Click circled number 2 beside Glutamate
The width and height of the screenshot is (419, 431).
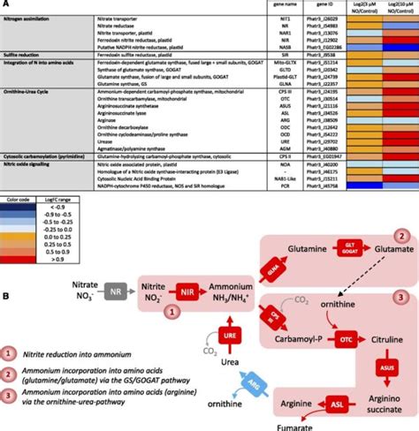tap(400, 238)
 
